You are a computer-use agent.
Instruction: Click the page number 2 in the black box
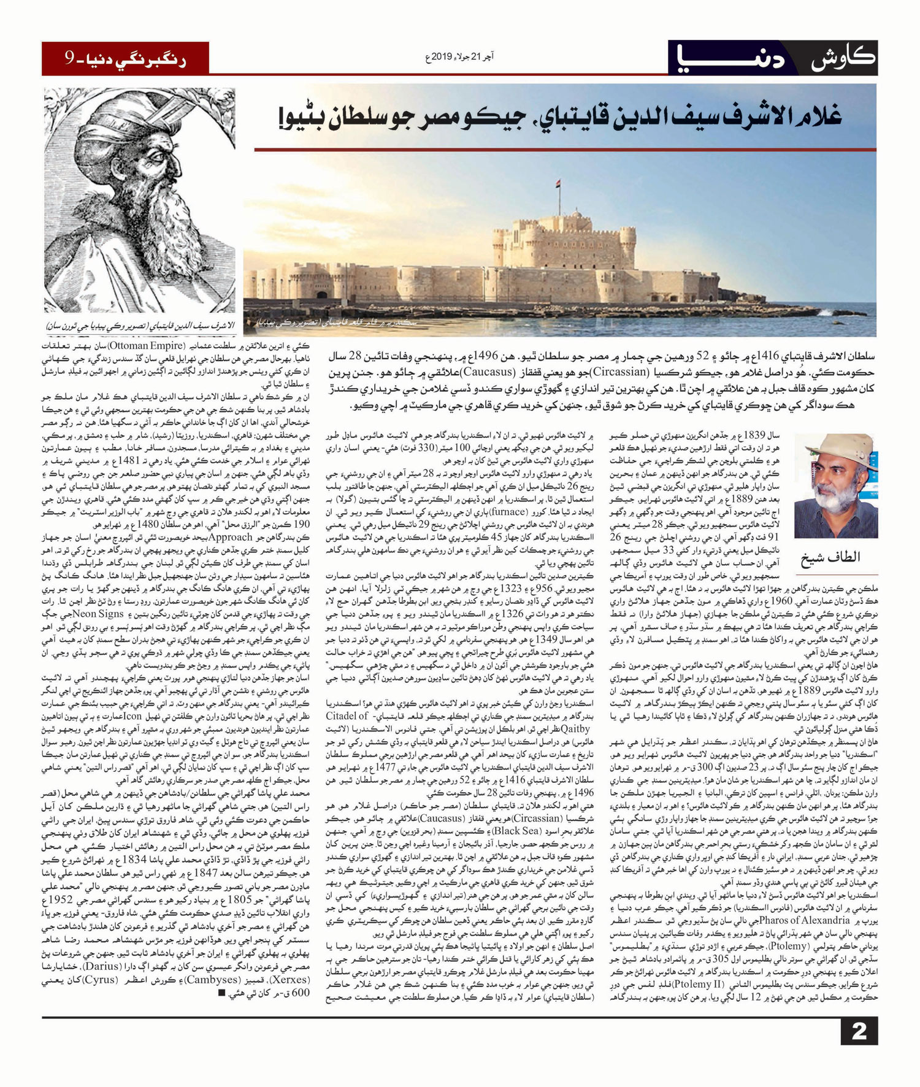pos(859,1031)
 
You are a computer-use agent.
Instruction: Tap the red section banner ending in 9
pos(126,59)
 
